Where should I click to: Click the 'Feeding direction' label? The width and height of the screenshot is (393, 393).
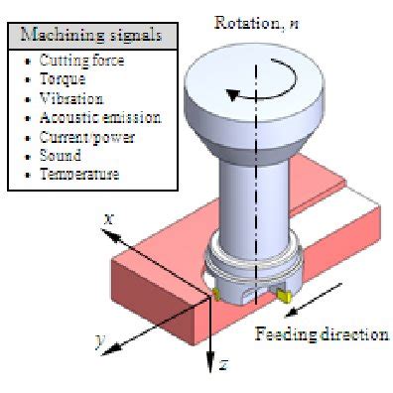point(322,333)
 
